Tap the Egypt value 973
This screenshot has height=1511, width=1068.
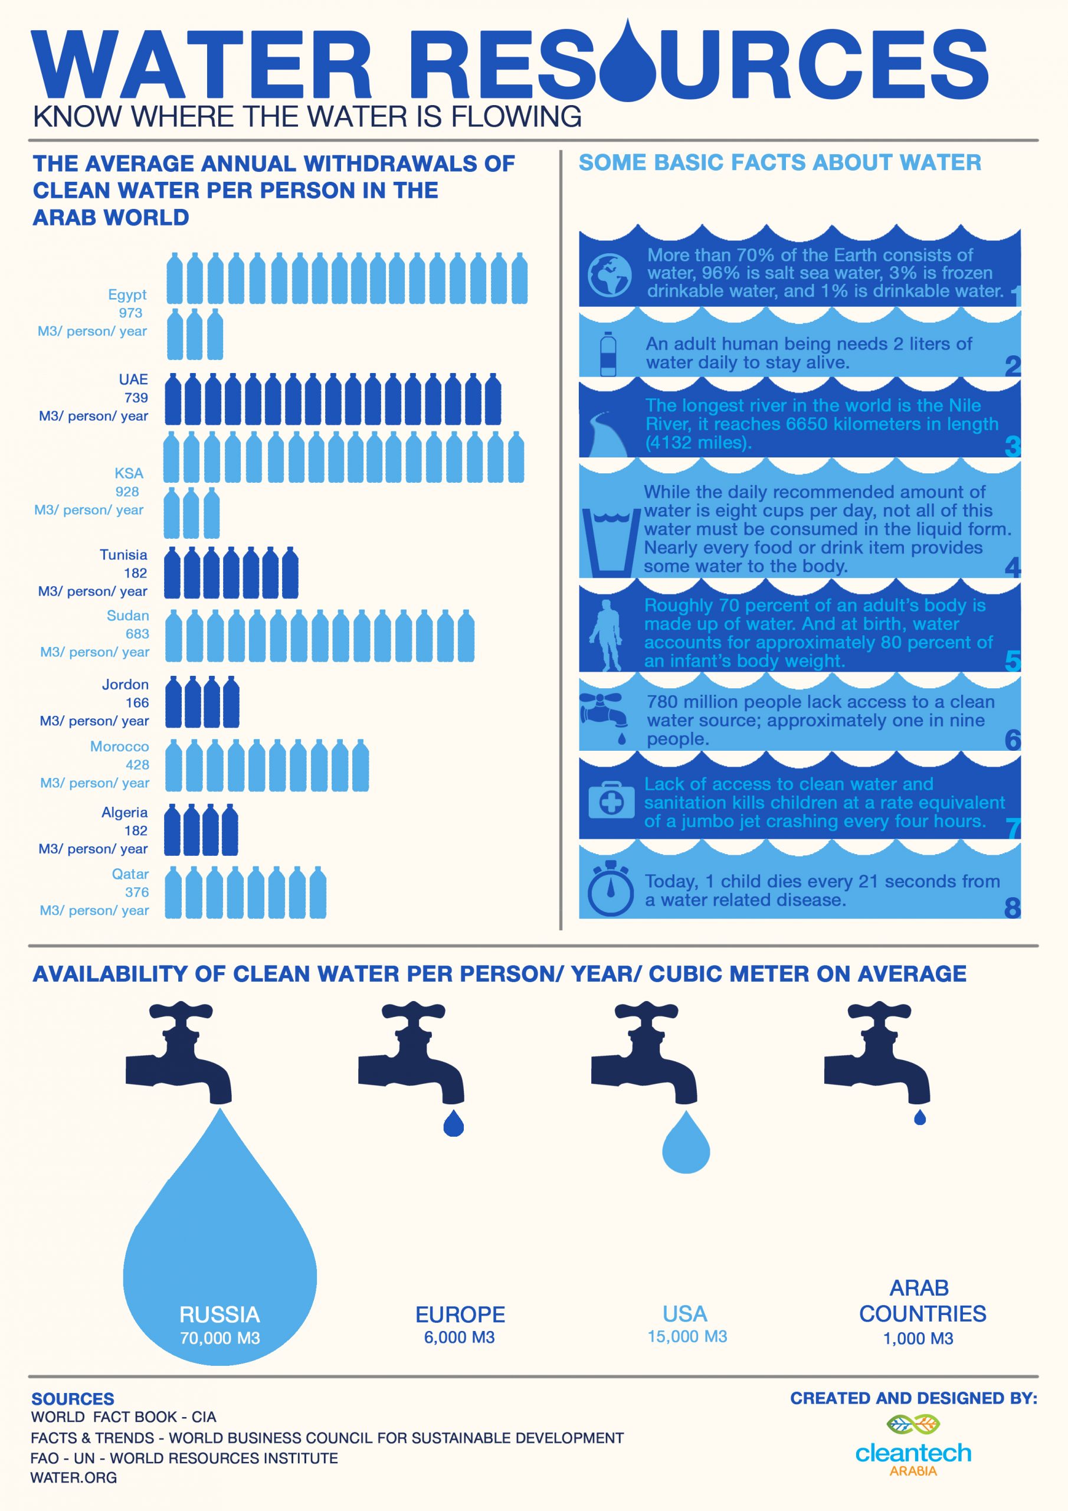click(x=130, y=313)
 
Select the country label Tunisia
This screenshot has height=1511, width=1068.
click(x=124, y=555)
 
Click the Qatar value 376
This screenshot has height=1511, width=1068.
click(x=137, y=892)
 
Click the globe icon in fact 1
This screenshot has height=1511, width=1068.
click(x=610, y=274)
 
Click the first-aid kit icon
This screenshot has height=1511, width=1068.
click(x=611, y=800)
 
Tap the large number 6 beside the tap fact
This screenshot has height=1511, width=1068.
click(x=1012, y=740)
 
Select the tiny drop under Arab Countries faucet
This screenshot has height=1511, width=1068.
click(x=920, y=1117)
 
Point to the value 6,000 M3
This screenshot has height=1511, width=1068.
click(x=459, y=1337)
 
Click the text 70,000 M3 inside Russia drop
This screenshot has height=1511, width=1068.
click(x=220, y=1338)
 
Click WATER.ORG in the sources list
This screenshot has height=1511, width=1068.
click(x=74, y=1477)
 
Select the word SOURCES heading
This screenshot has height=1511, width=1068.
click(x=73, y=1399)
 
